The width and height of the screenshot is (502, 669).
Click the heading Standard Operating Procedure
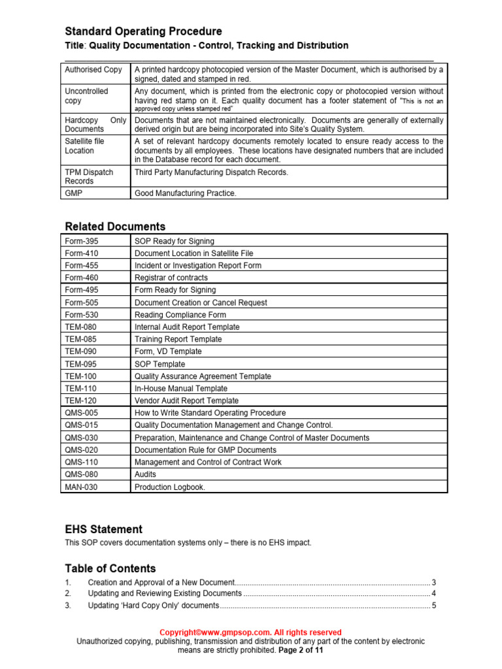143,31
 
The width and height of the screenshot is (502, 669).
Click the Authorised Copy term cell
93,69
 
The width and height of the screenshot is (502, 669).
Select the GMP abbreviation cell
73,193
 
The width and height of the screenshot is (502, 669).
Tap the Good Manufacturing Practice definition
186,193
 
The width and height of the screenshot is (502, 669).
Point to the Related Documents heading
115,227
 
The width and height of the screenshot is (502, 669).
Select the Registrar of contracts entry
171,278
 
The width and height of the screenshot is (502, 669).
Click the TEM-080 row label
80,327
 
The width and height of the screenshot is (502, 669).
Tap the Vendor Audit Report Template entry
186,400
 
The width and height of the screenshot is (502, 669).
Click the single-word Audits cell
145,474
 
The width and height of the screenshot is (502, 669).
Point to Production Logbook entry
169,487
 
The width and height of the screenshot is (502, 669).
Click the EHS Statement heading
103,529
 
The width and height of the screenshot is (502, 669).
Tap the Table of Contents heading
110,568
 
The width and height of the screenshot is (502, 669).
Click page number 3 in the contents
433,582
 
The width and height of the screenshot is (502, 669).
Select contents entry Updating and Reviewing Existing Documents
165,593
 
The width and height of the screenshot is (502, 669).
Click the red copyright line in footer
251,632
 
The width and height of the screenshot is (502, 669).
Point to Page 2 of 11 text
301,650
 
